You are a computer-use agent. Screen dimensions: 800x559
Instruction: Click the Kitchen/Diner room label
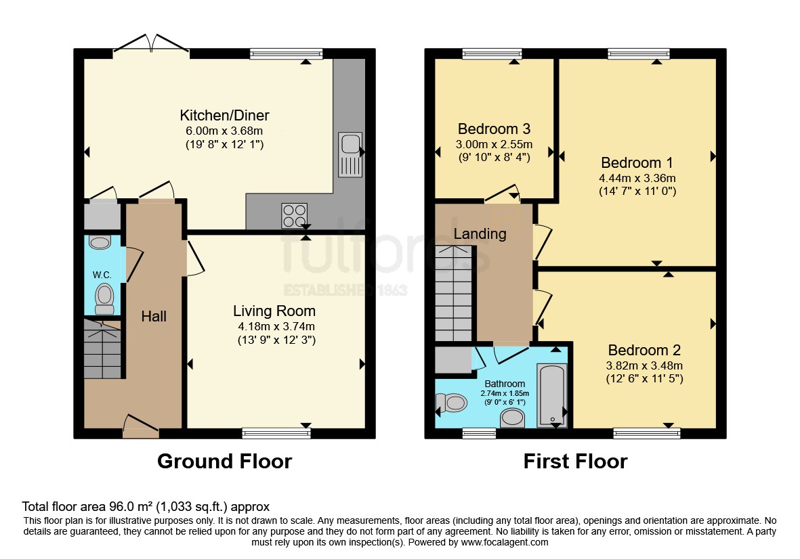click(x=224, y=115)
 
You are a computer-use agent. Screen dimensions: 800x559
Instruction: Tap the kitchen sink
click(x=350, y=154)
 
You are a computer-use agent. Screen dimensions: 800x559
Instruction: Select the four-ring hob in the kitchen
click(x=295, y=216)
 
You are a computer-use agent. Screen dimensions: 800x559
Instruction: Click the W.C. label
click(x=102, y=275)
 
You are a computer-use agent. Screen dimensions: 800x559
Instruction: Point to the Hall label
click(x=154, y=317)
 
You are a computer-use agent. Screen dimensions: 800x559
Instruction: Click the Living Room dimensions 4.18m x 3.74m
click(x=276, y=327)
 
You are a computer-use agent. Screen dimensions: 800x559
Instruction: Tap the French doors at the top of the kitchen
click(x=151, y=43)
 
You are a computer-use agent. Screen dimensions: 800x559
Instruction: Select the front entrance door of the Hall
click(x=141, y=426)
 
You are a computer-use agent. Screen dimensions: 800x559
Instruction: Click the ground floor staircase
click(x=102, y=349)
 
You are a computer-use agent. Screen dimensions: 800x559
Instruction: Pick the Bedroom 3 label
click(x=494, y=129)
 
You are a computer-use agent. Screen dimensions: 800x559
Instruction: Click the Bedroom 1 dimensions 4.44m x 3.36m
click(x=637, y=179)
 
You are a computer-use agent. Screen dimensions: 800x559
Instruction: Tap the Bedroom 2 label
click(x=644, y=350)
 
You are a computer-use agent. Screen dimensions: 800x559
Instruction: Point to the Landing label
click(x=480, y=234)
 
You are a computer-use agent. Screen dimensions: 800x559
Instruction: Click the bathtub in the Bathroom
click(x=552, y=395)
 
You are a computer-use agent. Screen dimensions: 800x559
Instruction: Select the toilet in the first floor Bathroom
click(x=452, y=403)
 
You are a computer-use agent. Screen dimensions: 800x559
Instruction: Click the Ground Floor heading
click(x=224, y=461)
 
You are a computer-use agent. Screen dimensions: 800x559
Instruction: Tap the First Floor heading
click(x=576, y=461)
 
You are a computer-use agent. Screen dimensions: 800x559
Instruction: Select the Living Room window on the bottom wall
click(x=276, y=434)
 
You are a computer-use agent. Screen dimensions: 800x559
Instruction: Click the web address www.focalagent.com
click(x=505, y=542)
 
